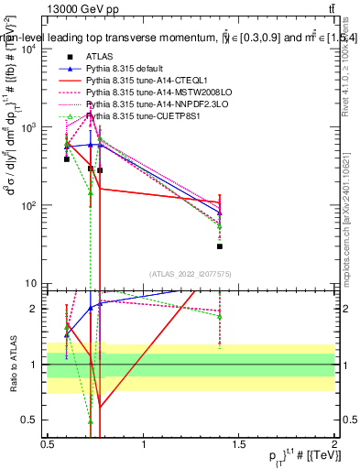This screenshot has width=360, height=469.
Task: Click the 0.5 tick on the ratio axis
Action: click(29, 420)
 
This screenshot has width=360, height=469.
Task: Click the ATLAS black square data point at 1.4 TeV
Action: click(220, 246)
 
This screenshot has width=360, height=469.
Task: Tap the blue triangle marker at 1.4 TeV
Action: click(220, 213)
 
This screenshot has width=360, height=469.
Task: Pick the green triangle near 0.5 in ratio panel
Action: click(91, 421)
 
